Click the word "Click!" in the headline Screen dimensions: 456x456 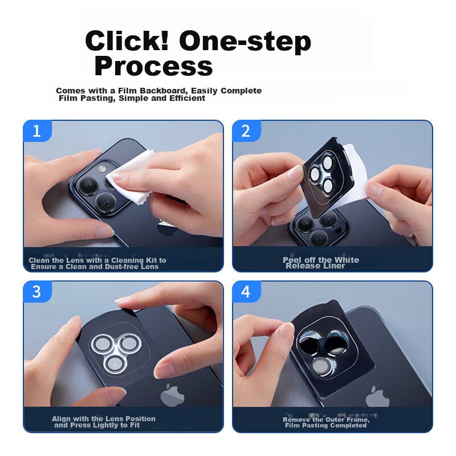click(127, 40)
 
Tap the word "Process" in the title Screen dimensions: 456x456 click(153, 66)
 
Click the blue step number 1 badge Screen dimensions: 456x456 click(38, 131)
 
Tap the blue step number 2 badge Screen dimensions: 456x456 click(246, 131)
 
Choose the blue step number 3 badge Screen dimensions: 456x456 click(38, 292)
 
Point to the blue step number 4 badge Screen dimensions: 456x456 click(246, 292)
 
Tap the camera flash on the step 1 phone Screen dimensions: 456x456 click(101, 168)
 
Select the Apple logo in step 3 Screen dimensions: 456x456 click(172, 395)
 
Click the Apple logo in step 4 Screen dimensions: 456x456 click(377, 396)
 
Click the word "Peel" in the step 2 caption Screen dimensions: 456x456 click(292, 260)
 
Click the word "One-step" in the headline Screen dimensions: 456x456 click(245, 41)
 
